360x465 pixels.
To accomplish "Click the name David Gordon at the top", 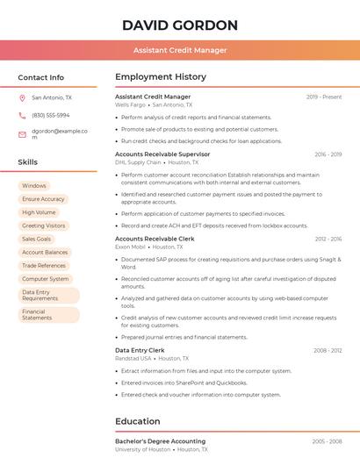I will coord(180,25).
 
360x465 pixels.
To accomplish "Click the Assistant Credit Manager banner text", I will coord(180,50).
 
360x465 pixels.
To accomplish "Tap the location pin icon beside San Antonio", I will coord(22,98).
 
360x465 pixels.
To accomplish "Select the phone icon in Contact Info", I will coord(22,116).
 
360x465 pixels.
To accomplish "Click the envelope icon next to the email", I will coord(22,134).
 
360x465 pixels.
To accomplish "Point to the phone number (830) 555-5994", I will coord(50,116).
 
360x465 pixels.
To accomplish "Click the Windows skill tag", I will coord(34,186).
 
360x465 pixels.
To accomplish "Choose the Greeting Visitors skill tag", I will coord(44,225).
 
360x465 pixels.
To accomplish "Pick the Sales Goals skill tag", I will coord(37,239).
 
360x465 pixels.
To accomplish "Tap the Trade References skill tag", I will coord(44,265).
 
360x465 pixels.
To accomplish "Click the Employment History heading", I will coord(161,77).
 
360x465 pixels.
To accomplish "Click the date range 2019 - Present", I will coord(324,97).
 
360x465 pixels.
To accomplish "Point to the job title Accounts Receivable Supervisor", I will coord(162,154).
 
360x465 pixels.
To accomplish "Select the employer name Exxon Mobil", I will coord(133,247).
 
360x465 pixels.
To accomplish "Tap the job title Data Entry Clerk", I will coord(140,350).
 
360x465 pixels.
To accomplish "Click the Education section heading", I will coord(138,421).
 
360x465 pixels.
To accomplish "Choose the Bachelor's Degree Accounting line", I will coord(161,441).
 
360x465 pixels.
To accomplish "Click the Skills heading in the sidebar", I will coord(28,162).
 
